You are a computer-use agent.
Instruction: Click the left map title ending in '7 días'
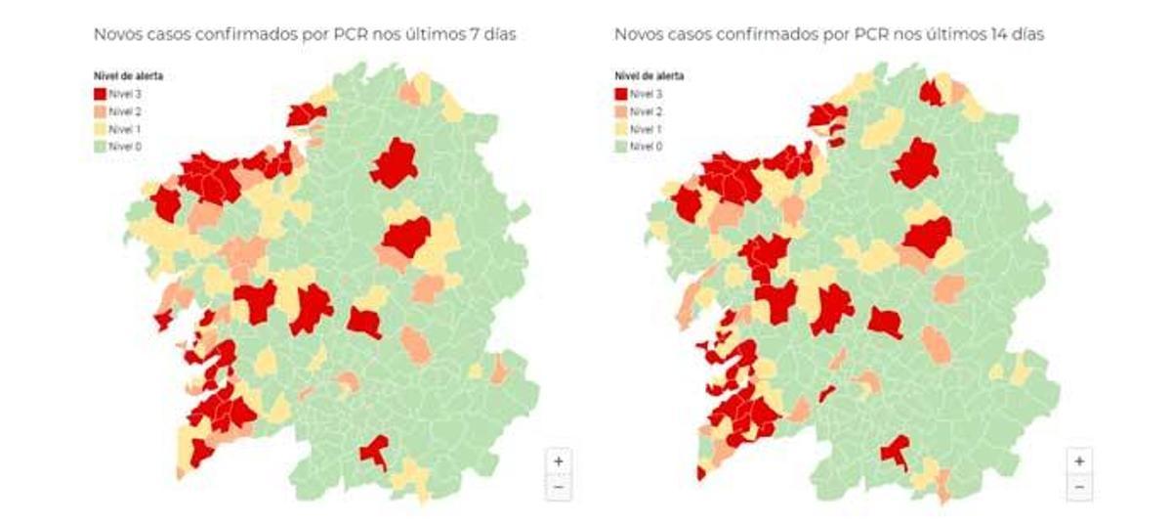coord(304,34)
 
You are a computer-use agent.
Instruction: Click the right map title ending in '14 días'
coord(829,34)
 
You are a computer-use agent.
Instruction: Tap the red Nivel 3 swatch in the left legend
coord(99,94)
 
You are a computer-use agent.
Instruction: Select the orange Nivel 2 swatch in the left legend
coord(99,111)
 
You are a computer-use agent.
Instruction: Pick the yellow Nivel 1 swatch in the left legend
coord(99,129)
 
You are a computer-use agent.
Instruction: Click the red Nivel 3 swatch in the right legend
coord(620,94)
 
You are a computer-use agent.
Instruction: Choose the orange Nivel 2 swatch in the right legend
coord(620,111)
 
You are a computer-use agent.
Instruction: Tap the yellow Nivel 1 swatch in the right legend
coord(620,129)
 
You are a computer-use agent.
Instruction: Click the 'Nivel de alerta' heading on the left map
coord(120,76)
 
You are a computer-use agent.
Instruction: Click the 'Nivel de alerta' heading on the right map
coord(649,76)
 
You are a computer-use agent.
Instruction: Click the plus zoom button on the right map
coord(1078,460)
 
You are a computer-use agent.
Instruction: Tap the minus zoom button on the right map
coord(1078,486)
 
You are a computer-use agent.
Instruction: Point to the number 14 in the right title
coord(1001,34)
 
